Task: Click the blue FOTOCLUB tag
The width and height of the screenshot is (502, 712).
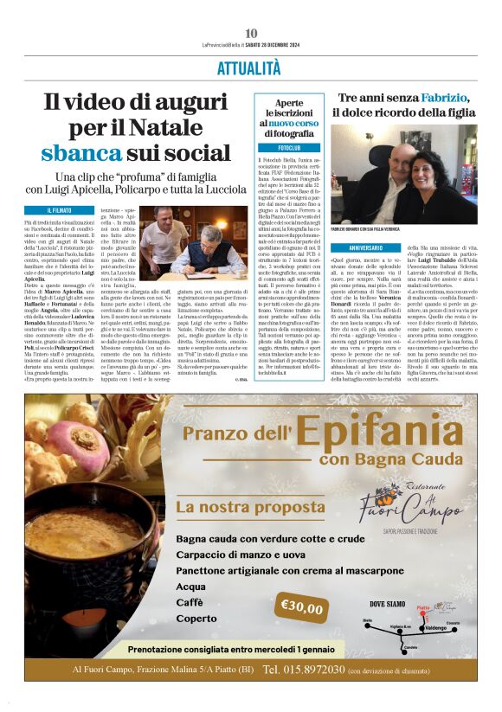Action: pos(279,148)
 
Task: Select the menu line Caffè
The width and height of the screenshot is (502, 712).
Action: pos(190,601)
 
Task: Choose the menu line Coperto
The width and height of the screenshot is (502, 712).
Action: pos(196,619)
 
